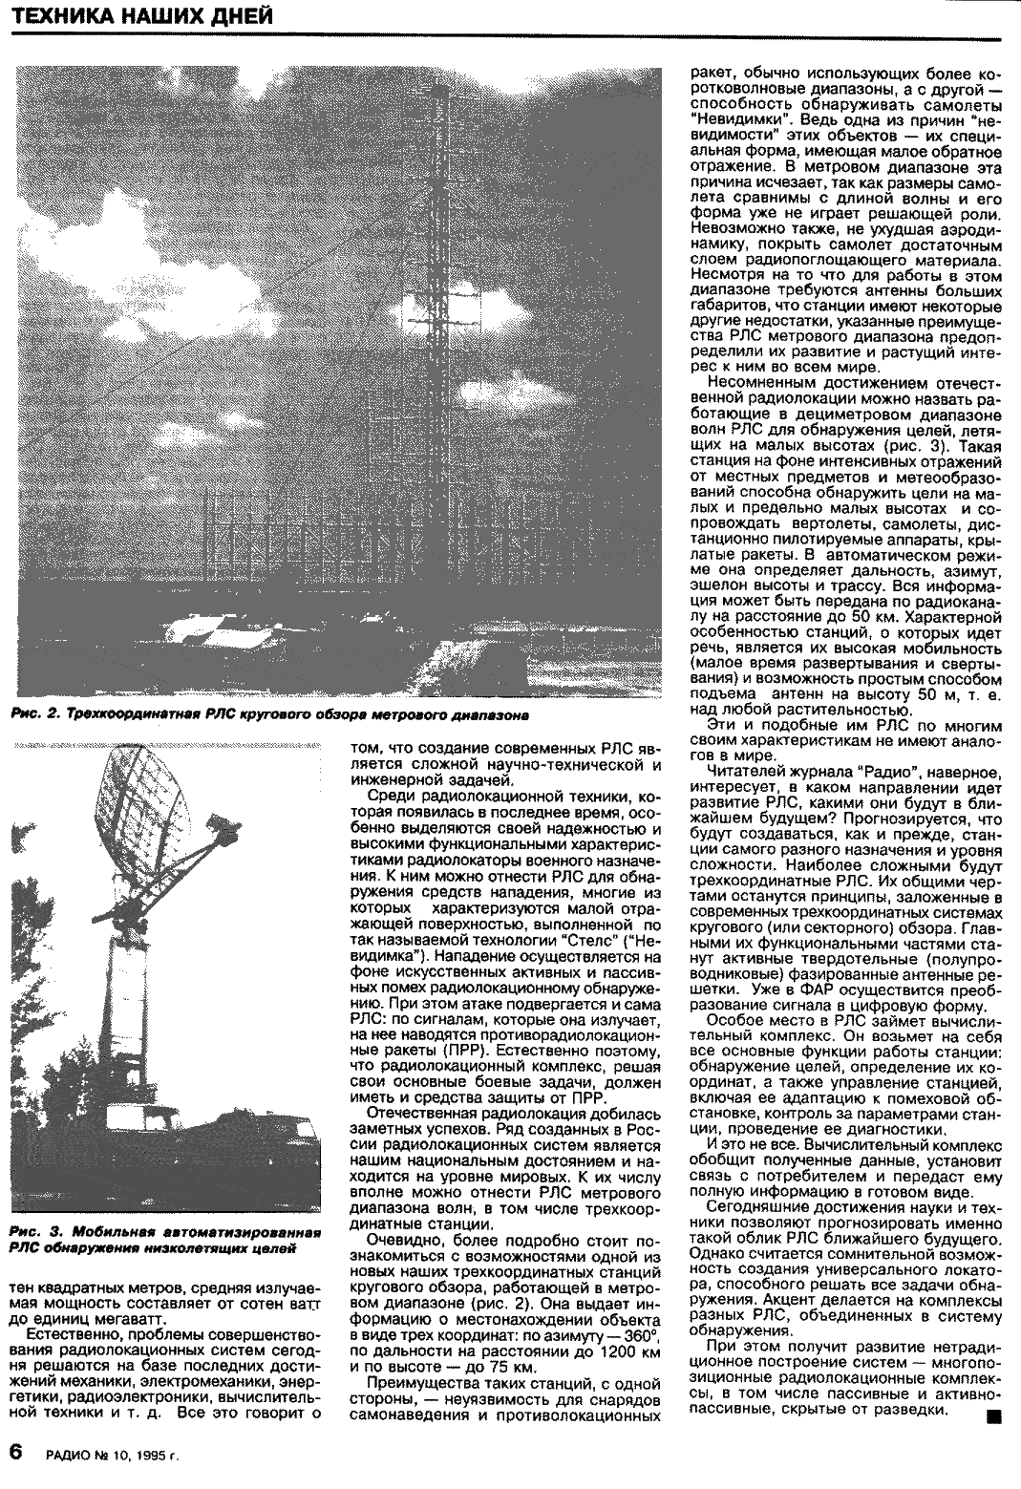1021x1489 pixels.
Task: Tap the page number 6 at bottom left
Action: (x=16, y=1451)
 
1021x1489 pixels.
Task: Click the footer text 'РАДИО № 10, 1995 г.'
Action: (x=113, y=1456)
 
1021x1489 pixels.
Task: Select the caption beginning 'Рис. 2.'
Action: (x=270, y=713)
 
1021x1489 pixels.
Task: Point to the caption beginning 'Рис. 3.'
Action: (x=164, y=1240)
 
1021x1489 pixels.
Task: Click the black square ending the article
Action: (x=994, y=1445)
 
